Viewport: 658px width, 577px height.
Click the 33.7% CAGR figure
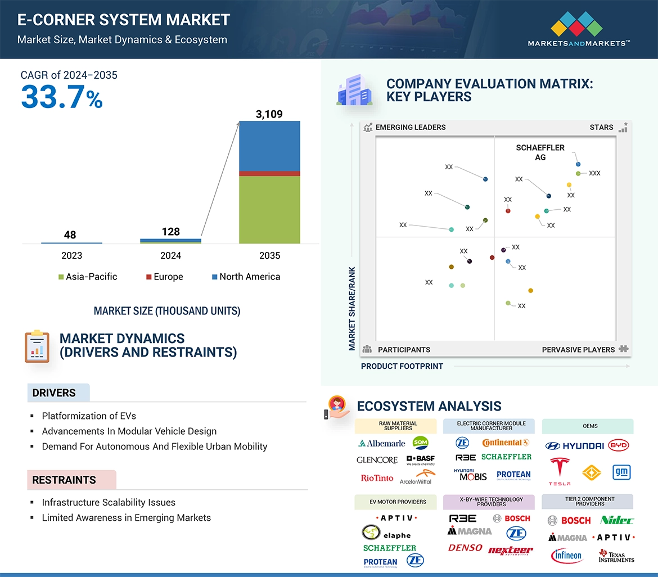coord(62,97)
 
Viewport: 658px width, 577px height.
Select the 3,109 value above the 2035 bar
coord(269,114)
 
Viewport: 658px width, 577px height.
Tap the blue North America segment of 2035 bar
coord(269,146)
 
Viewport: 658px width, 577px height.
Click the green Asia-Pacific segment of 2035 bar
coord(269,209)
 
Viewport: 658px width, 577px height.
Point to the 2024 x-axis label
coord(170,255)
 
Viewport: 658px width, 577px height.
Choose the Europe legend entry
coord(164,277)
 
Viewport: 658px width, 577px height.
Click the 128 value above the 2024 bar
coord(170,231)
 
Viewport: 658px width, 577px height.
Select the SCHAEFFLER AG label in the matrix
coord(540,152)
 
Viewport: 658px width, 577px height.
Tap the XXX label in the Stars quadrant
coord(594,173)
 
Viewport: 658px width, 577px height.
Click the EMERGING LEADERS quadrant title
coord(410,127)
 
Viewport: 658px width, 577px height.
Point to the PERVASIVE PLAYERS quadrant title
coord(578,350)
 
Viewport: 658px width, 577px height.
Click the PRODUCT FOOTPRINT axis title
coord(402,366)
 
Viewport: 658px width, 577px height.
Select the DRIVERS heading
coord(54,393)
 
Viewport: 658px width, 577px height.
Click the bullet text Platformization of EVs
coord(89,416)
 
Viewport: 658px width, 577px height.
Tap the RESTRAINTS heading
coord(64,480)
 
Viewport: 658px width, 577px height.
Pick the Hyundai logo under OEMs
coord(574,445)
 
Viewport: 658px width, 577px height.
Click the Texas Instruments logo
coord(616,556)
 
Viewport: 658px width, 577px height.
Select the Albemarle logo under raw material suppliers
coord(382,443)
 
